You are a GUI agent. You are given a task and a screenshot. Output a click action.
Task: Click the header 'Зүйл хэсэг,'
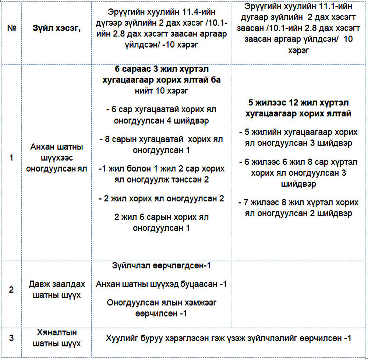tap(57, 29)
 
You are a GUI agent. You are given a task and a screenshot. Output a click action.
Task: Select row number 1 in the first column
tap(11, 158)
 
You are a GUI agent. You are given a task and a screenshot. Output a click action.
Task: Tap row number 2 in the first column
tap(11, 290)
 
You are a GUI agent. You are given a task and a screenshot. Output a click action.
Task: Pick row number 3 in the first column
tap(11, 338)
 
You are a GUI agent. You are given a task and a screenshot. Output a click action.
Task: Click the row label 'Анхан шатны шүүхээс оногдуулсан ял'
tap(57, 158)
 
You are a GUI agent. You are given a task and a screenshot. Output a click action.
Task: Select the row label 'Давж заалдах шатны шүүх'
tap(57, 290)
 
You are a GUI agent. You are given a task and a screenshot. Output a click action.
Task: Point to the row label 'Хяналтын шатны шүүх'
tap(57, 338)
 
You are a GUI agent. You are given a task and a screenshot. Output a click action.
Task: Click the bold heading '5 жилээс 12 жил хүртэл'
tap(298, 103)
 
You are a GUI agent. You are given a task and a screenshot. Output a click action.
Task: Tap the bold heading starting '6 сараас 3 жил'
tap(161, 70)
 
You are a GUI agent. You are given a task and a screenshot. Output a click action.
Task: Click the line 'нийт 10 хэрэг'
tap(161, 91)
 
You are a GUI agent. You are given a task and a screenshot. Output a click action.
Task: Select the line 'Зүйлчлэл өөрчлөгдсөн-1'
tap(161, 265)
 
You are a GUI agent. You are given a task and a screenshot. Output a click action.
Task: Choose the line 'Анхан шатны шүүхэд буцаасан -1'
tap(161, 284)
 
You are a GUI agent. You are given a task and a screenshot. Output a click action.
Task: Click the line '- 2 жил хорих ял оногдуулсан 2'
tap(161, 199)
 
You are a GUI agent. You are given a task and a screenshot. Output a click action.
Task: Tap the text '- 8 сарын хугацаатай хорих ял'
tap(161, 140)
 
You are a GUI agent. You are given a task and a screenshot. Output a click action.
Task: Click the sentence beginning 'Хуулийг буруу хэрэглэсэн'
tap(229, 338)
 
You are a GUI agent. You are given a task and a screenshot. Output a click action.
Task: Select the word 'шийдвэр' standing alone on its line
tap(298, 183)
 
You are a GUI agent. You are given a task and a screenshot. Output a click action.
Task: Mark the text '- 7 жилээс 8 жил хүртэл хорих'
tap(298, 202)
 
